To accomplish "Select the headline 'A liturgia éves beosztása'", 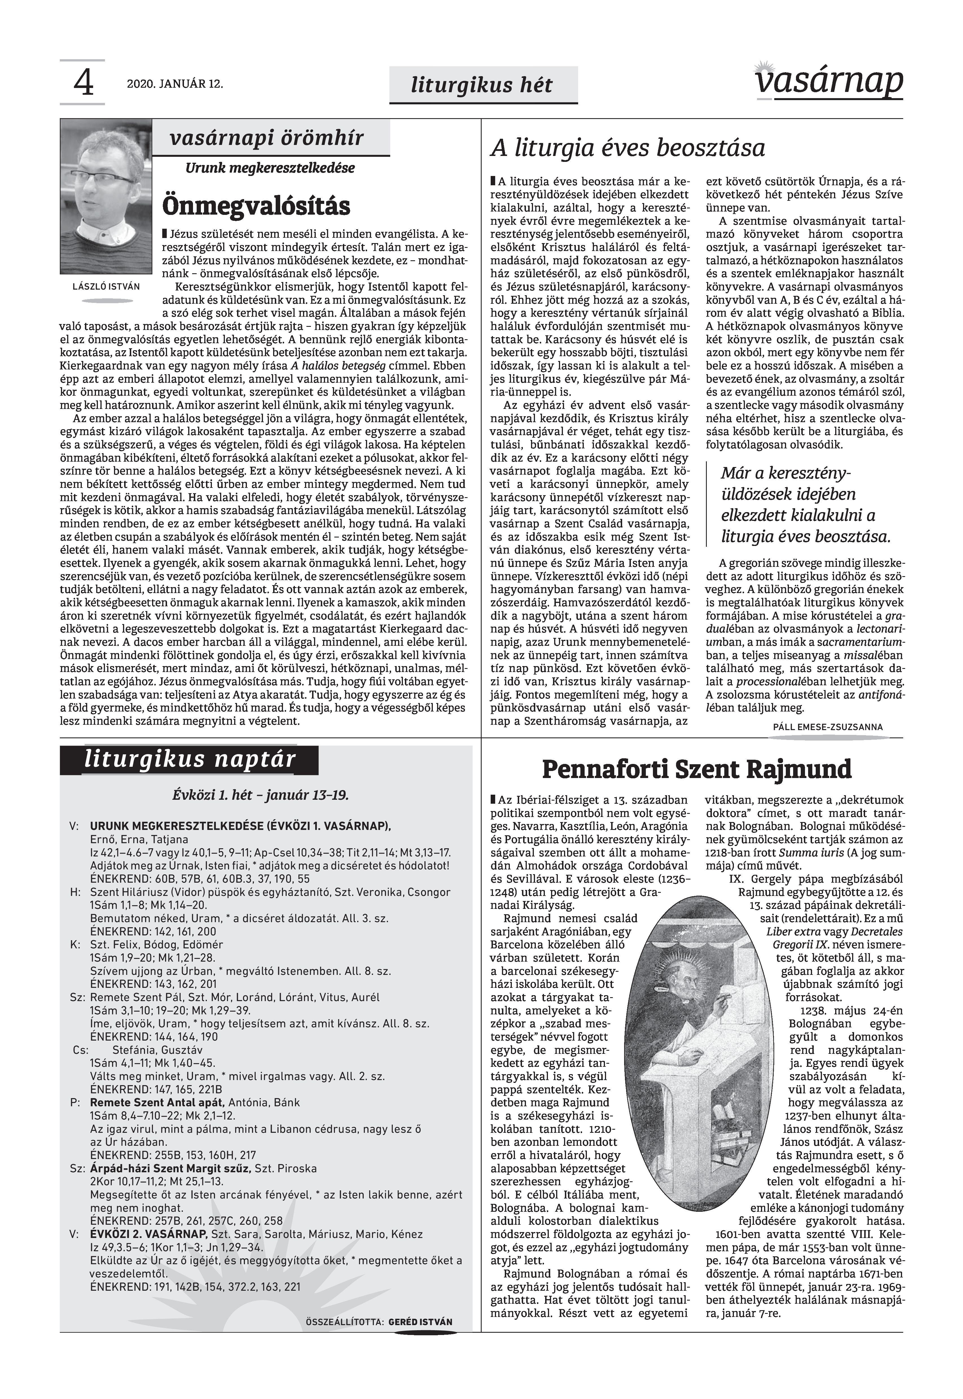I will coord(628,148).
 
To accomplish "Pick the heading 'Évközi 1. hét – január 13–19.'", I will coord(261,795).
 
